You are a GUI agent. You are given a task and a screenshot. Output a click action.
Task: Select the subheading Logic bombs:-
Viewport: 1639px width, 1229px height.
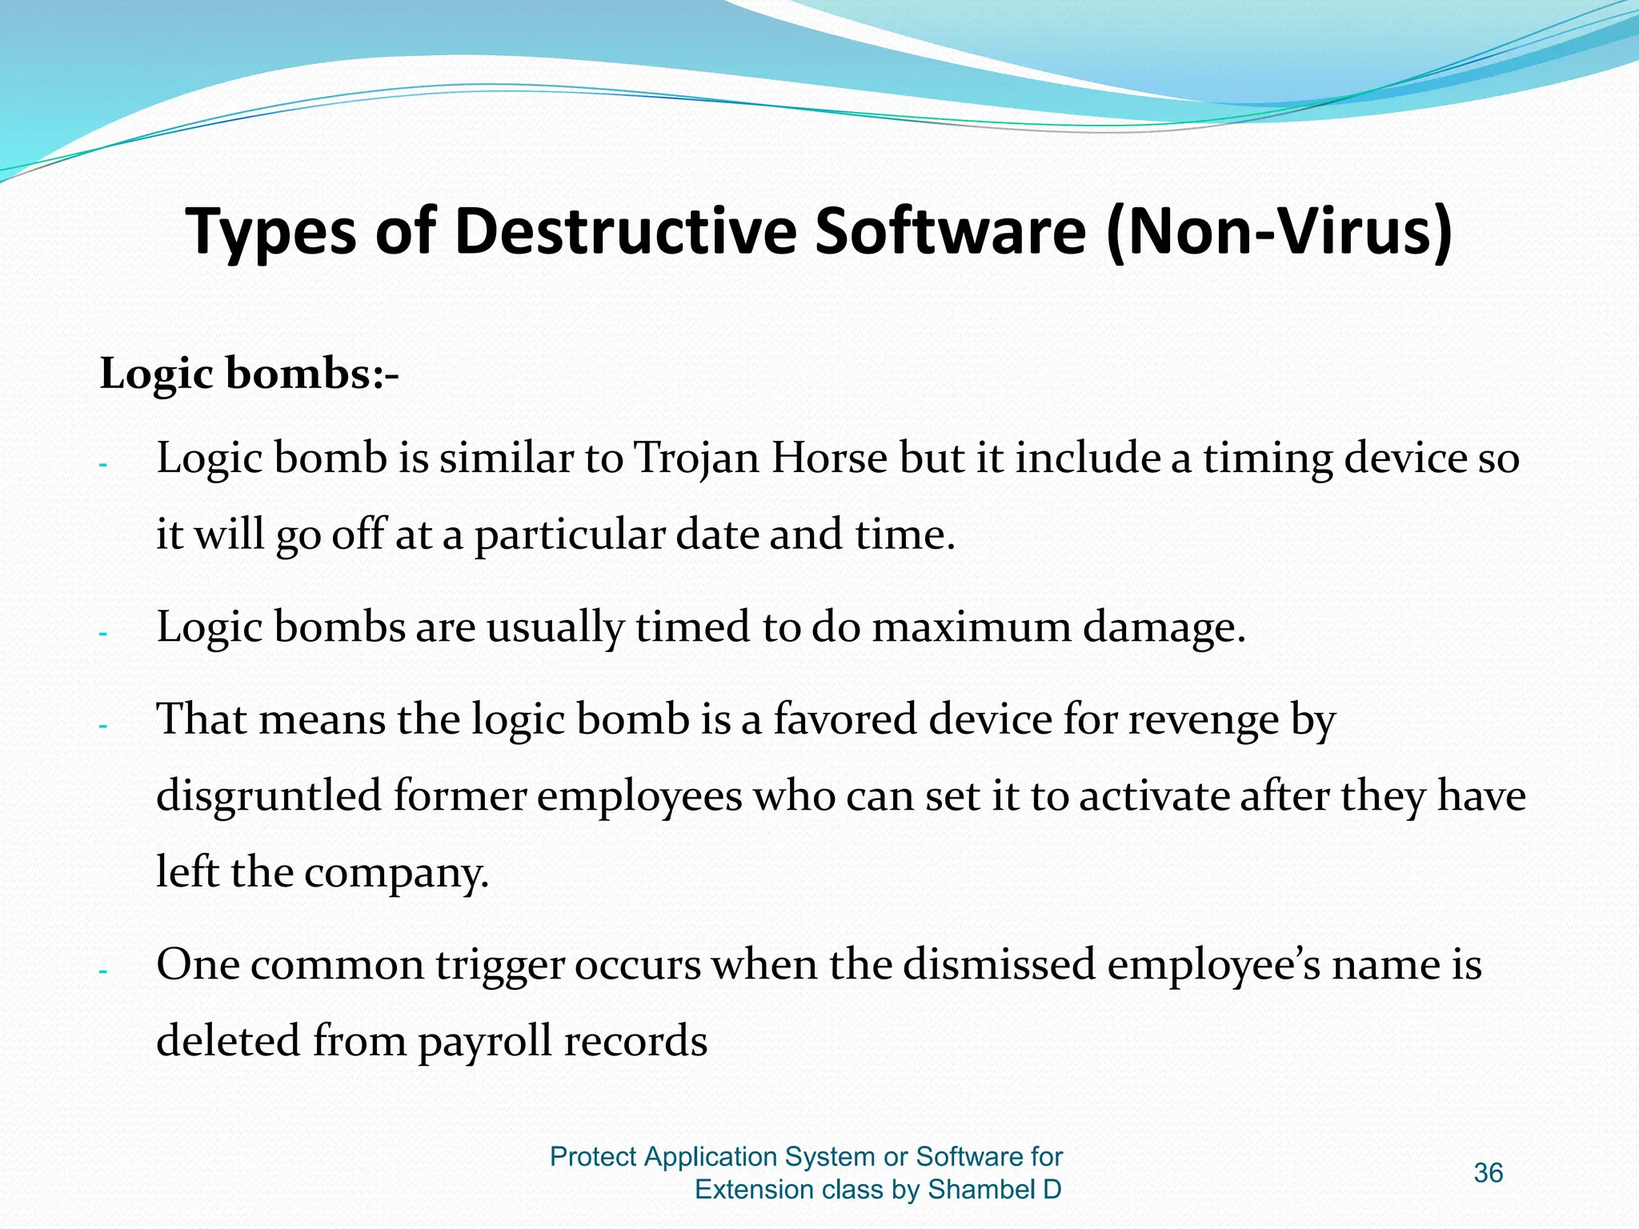(x=249, y=374)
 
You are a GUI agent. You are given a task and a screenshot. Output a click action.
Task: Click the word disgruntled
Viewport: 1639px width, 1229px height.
(x=268, y=797)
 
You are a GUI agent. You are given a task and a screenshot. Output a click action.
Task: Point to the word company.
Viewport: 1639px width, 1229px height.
(x=396, y=873)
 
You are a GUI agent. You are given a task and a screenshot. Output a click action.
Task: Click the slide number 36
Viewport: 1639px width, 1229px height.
(x=1488, y=1173)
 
